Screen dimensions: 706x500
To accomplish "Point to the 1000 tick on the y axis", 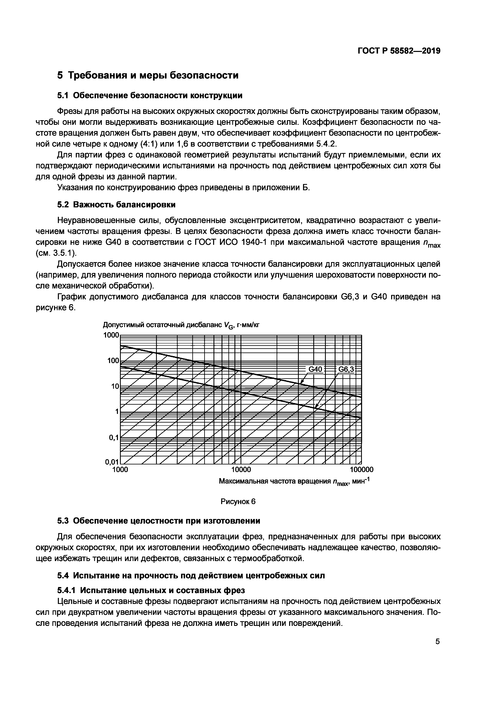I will click(x=111, y=335).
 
